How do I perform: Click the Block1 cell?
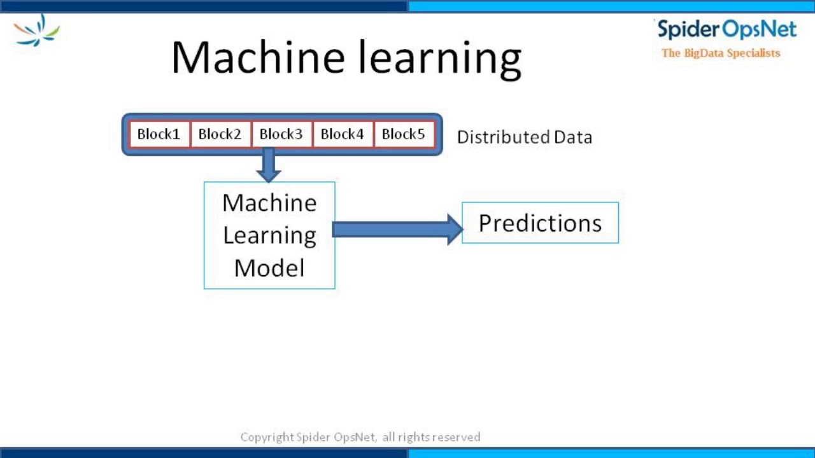(159, 134)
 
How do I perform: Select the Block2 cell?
(220, 134)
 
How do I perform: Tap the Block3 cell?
(281, 134)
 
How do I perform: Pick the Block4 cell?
(342, 134)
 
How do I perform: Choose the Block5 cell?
(403, 134)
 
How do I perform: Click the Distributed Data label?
(524, 137)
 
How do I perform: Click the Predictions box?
(540, 223)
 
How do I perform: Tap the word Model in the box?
(269, 268)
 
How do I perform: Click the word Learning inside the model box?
(269, 235)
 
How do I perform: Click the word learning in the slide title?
(439, 59)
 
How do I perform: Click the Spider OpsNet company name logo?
(726, 30)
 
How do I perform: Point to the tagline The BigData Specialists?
(721, 53)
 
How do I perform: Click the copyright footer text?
(360, 437)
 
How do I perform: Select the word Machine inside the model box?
(269, 204)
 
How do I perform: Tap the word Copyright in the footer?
(267, 437)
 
